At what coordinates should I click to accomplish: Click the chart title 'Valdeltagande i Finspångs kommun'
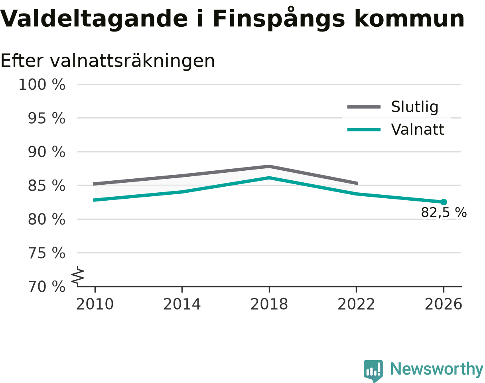[x=232, y=18]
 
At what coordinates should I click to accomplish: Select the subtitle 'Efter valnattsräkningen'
[x=108, y=61]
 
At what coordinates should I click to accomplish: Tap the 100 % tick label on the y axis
[x=42, y=85]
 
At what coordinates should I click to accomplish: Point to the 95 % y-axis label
[x=47, y=118]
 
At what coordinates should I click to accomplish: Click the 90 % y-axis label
[x=47, y=152]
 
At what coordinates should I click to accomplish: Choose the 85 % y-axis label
[x=47, y=186]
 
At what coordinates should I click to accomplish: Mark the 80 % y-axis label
[x=47, y=219]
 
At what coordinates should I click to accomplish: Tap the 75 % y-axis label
[x=47, y=253]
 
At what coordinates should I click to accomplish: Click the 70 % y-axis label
[x=47, y=287]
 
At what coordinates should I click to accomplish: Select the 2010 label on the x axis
[x=95, y=304]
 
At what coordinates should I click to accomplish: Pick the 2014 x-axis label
[x=182, y=304]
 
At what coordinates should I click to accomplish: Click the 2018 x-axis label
[x=269, y=304]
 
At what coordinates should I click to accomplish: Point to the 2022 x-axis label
[x=356, y=304]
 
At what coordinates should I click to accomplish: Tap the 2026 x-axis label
[x=443, y=304]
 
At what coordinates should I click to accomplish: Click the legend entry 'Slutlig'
[x=393, y=107]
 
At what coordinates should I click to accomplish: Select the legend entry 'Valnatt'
[x=396, y=130]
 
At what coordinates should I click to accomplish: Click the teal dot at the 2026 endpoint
[x=444, y=202]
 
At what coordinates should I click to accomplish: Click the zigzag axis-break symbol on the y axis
[x=78, y=275]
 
